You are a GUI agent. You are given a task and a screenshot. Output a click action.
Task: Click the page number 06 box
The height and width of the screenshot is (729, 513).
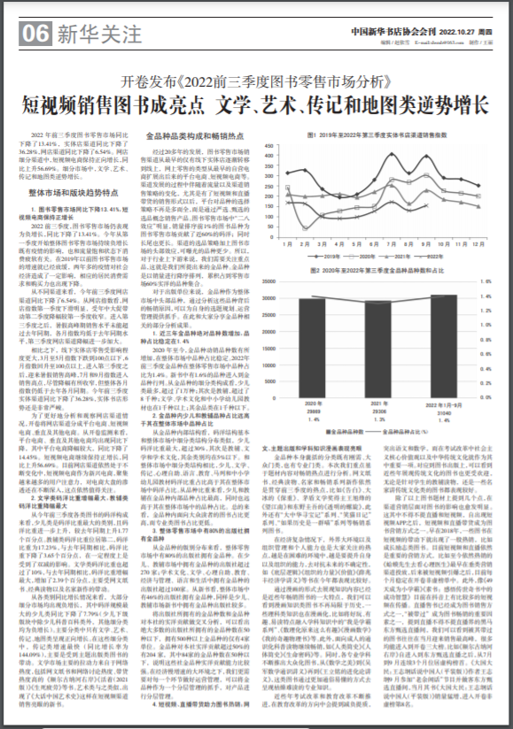point(35,35)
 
